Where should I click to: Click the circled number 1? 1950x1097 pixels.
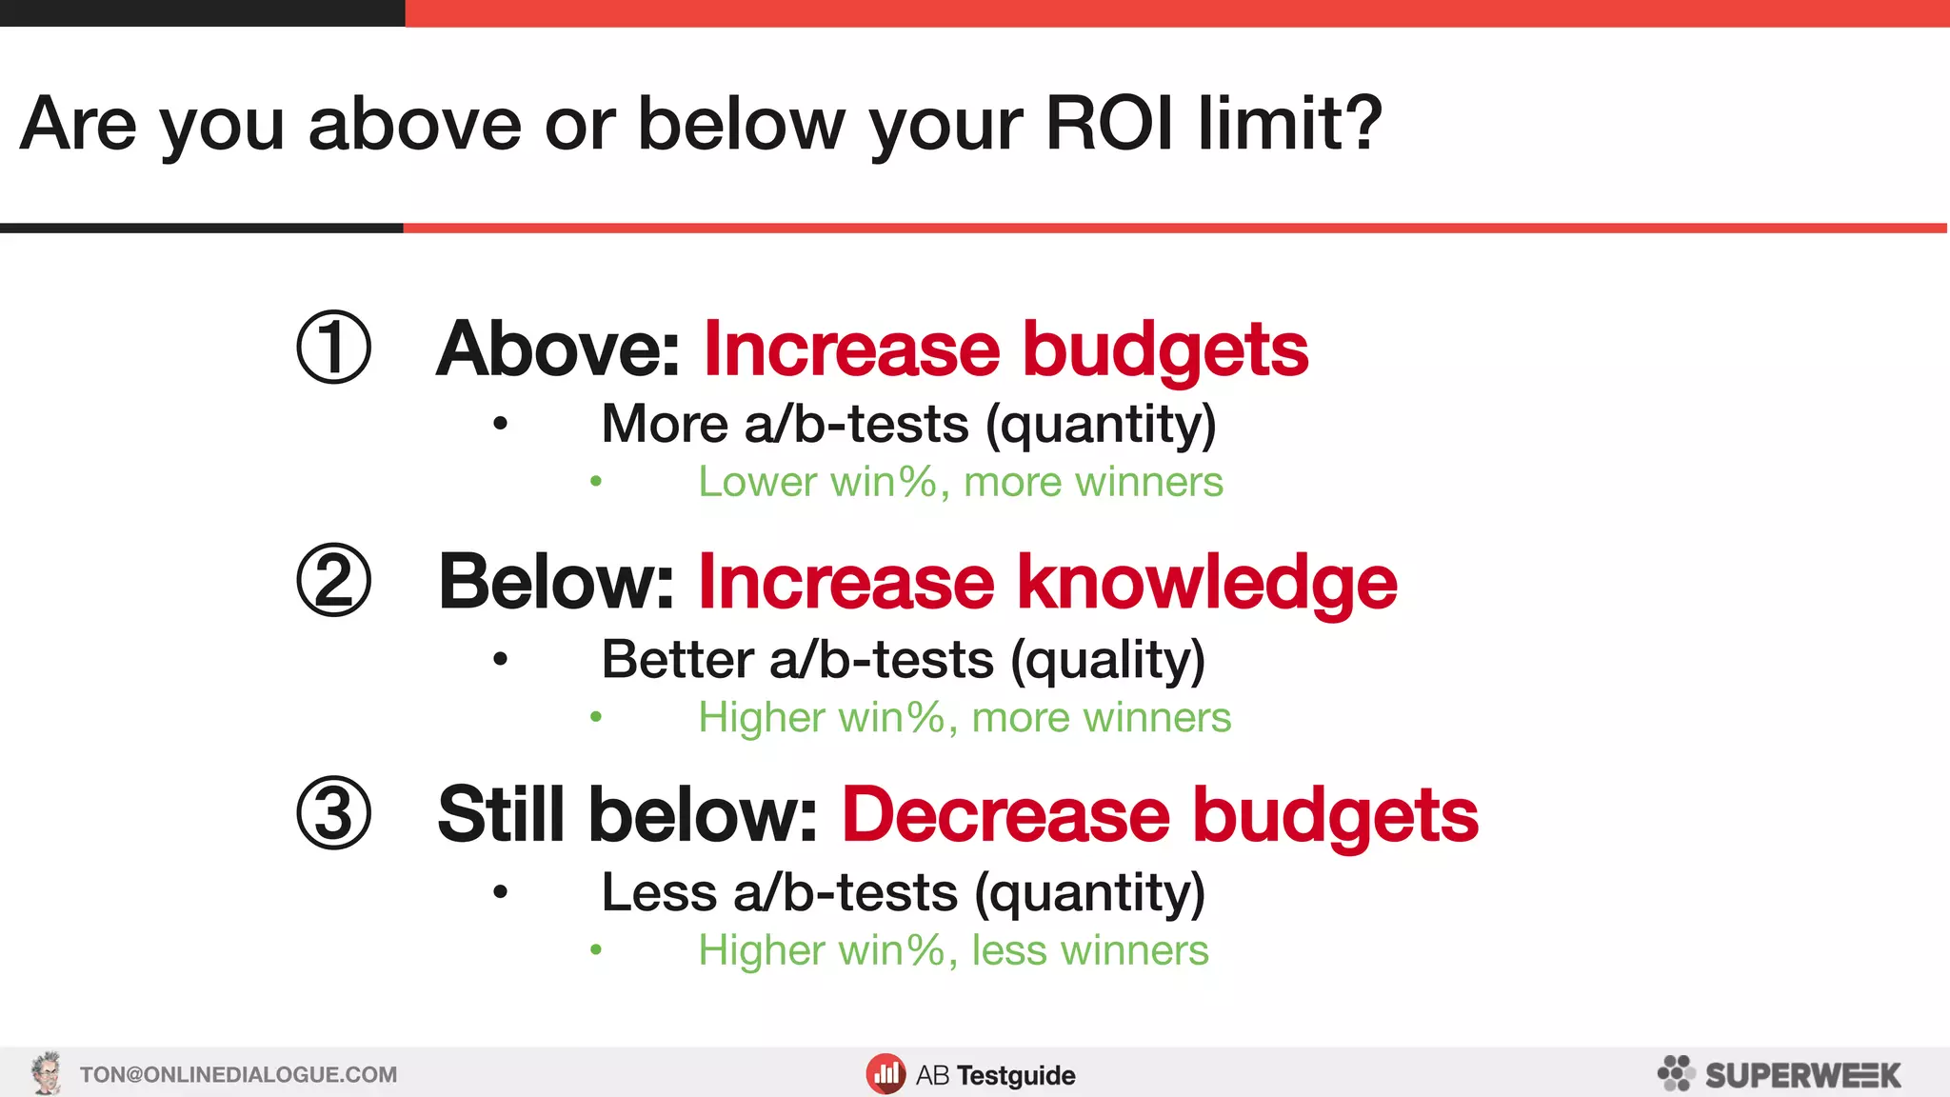tap(333, 348)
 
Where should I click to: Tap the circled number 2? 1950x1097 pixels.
tap(333, 580)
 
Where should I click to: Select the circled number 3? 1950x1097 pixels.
tap(333, 813)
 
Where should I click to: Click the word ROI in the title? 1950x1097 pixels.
tap(1109, 124)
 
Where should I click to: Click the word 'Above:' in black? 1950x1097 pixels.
tap(558, 349)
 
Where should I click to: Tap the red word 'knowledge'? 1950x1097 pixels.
tap(1206, 583)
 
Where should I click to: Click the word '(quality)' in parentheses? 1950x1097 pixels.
tap(1107, 660)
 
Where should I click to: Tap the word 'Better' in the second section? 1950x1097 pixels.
tap(678, 660)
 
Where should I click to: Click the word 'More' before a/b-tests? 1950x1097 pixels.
tap(665, 424)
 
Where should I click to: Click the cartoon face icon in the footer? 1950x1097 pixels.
tap(46, 1073)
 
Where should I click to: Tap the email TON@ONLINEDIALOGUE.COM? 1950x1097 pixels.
tap(238, 1075)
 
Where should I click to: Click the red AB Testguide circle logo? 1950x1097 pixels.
tap(885, 1074)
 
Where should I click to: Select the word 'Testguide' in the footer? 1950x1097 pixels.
tap(1016, 1076)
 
